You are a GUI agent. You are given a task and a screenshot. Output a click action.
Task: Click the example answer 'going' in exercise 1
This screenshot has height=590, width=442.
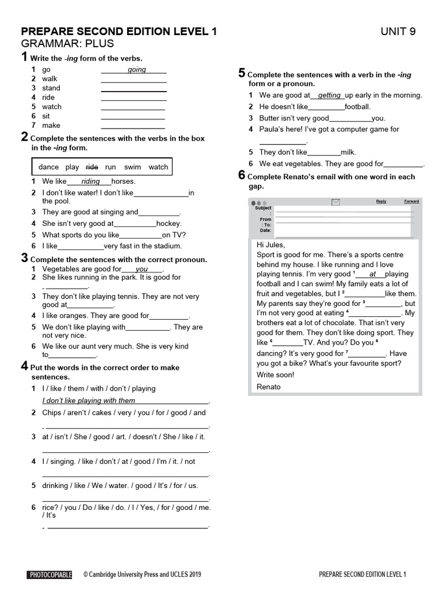point(137,70)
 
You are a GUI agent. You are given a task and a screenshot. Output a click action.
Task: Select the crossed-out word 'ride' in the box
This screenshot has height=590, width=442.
point(92,167)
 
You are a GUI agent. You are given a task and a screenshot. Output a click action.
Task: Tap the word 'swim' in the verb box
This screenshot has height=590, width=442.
point(132,167)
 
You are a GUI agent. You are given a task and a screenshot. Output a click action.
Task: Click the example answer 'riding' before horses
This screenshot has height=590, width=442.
point(91,181)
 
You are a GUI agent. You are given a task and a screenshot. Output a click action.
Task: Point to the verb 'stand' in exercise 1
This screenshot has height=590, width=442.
point(51,88)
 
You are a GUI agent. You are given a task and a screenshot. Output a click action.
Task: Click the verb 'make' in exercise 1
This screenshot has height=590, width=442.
point(51,125)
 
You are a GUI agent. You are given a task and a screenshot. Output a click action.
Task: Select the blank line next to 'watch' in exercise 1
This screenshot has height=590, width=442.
point(133,108)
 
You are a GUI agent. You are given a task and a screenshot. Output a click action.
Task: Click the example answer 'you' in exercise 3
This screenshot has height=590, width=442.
point(142,269)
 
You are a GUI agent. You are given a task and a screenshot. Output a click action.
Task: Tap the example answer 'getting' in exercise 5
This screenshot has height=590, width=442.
point(329,96)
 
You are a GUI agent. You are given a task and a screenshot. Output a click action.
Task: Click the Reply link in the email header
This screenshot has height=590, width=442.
point(381,201)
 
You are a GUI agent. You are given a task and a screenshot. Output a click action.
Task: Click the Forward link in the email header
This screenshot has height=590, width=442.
point(411,201)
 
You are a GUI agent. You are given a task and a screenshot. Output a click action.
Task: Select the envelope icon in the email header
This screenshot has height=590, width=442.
point(336,202)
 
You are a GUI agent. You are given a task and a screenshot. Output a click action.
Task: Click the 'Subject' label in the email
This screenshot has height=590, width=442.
point(264,208)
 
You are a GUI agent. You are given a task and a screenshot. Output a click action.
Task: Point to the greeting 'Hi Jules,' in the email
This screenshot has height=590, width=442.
point(270,245)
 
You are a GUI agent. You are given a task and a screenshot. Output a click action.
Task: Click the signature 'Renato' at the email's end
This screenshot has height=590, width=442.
point(269,387)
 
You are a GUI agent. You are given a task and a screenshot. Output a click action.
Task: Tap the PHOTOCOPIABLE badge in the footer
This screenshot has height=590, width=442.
point(50,574)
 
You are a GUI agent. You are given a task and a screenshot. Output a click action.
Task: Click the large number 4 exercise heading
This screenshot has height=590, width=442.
point(24,366)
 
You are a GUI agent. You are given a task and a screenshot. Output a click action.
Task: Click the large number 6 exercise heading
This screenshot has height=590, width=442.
point(242,176)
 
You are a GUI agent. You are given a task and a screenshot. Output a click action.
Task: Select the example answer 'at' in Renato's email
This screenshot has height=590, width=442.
point(372,274)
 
